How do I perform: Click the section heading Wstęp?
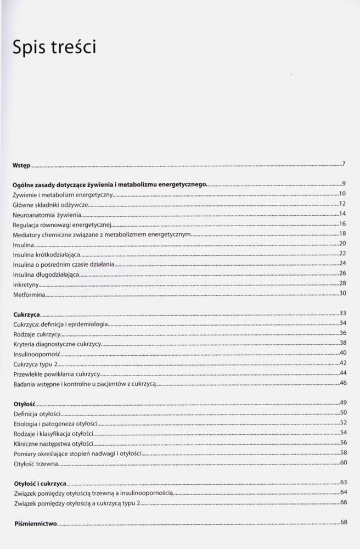pyautogui.click(x=21, y=165)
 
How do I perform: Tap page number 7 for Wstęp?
pyautogui.click(x=343, y=164)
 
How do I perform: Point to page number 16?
pyautogui.click(x=342, y=223)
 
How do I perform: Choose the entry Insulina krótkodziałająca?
pyautogui.click(x=49, y=254)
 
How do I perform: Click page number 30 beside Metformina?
pyautogui.click(x=342, y=293)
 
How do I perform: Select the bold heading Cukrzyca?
pyautogui.click(x=26, y=315)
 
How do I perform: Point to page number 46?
pyautogui.click(x=342, y=382)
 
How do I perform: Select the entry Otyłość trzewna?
pyautogui.click(x=35, y=464)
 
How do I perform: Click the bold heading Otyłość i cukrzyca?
pyautogui.click(x=40, y=484)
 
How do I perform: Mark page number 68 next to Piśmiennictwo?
pyautogui.click(x=344, y=522)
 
